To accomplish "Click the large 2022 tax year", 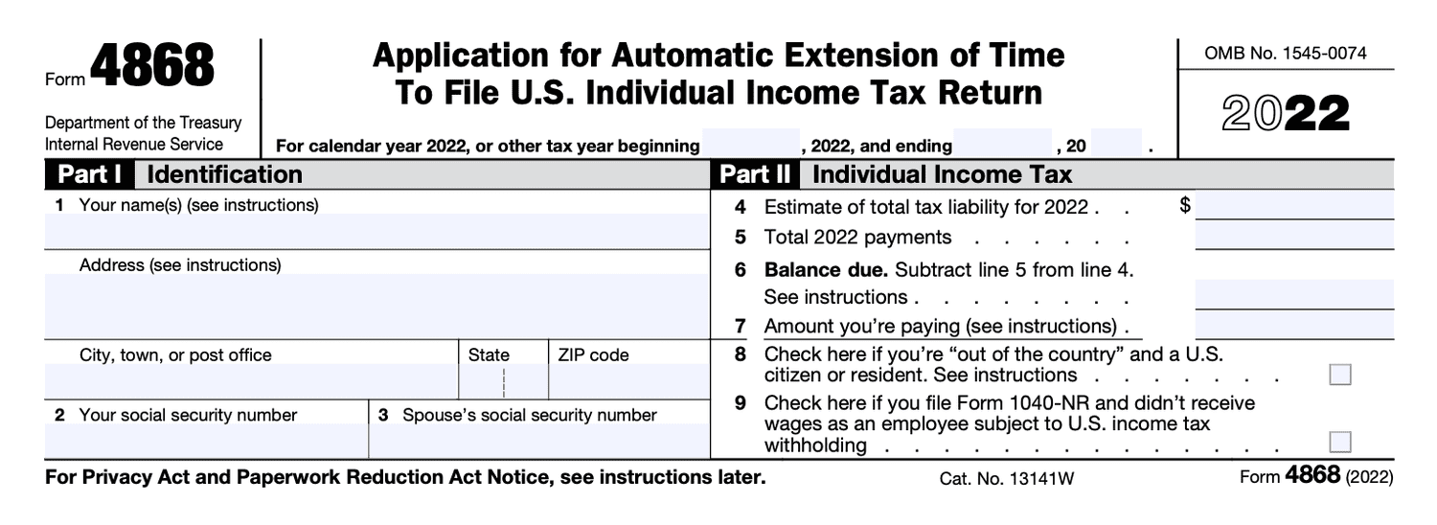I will pos(1286,115).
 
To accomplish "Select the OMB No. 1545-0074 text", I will pos(1286,54).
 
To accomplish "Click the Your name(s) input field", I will pos(377,231).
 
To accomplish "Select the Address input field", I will pos(377,306).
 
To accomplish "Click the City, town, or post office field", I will pos(251,381).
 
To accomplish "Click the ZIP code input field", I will pos(628,381).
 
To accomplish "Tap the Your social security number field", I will pos(206,441).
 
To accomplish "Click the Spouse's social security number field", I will pos(538,441).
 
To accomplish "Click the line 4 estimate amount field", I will pos(1294,206).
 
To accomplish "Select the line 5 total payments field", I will pos(1294,237).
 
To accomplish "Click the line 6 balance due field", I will pos(1294,296).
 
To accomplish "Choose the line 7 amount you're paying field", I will pos(1294,326).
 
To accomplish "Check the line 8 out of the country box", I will pos(1340,375).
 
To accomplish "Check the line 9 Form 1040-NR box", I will pos(1340,442).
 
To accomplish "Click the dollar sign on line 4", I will pos(1186,205).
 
